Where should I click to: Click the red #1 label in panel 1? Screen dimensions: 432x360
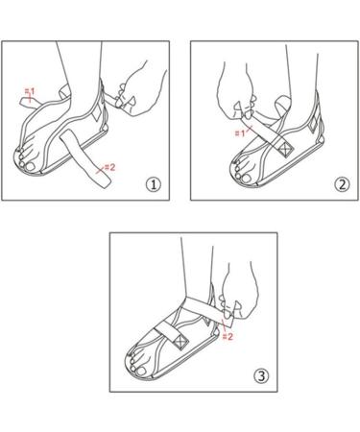(x=31, y=94)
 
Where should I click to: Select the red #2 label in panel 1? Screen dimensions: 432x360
(x=109, y=169)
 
